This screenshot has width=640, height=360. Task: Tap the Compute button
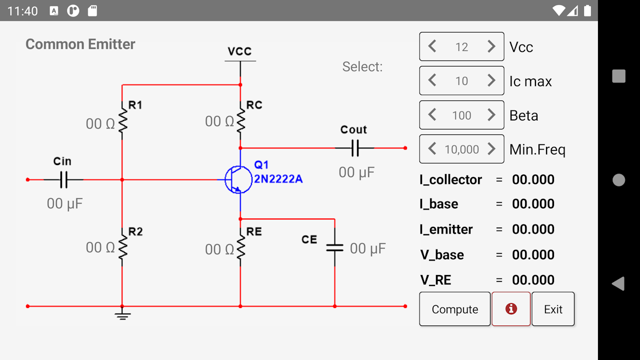coord(454,309)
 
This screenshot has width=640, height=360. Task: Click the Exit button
coord(553,309)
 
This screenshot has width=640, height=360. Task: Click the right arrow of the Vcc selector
coord(491,46)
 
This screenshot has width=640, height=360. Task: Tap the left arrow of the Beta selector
coord(432,115)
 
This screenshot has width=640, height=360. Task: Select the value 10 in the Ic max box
coord(461,81)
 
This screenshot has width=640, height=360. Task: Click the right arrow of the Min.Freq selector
coord(491,149)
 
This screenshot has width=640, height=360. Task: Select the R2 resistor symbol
coord(122,246)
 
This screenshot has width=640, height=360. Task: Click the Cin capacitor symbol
coord(63,179)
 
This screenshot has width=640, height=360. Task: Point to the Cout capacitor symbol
coord(354,148)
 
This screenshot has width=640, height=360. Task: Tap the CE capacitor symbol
coord(334,247)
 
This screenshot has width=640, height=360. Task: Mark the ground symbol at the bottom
coord(122,315)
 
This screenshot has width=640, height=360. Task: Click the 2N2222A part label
coord(278,179)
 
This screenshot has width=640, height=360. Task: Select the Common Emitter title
coord(80,44)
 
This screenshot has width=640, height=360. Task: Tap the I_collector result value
coord(533,179)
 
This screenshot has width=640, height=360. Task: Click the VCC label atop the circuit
coord(239,51)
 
